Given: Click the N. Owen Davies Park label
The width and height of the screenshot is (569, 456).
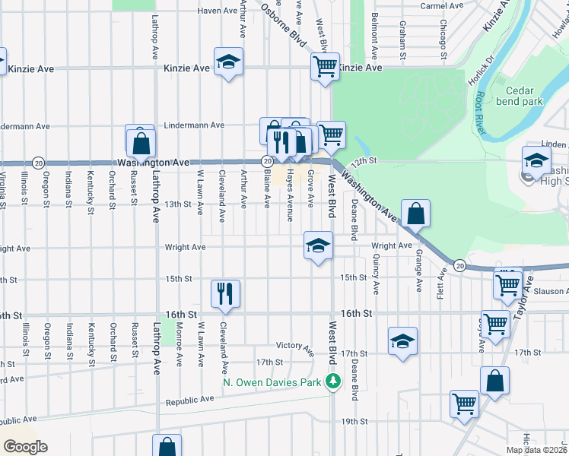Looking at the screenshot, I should (272, 382).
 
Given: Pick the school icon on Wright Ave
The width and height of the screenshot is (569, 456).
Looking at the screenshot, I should (319, 245).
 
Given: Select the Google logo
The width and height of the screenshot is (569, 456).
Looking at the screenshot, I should (24, 447).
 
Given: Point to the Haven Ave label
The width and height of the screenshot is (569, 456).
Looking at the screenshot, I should (218, 11).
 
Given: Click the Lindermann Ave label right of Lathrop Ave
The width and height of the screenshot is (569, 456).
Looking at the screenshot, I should (196, 125).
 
